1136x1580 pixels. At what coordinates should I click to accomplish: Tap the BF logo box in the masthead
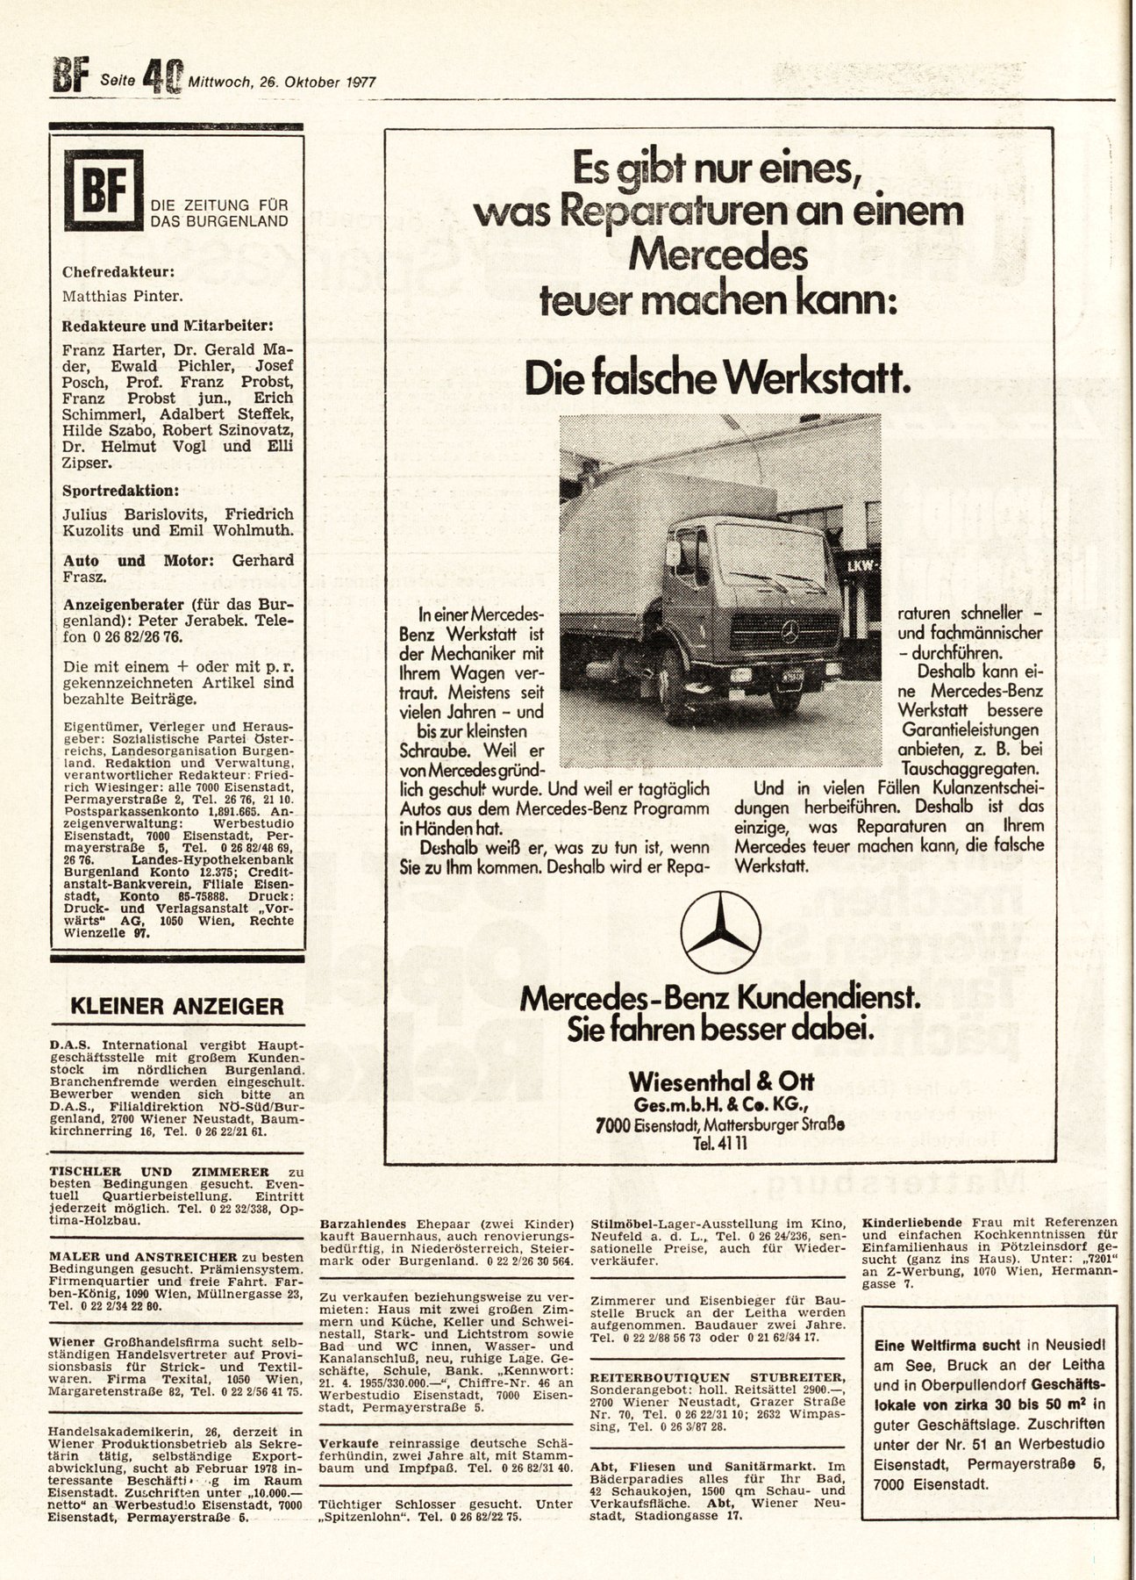click(x=102, y=188)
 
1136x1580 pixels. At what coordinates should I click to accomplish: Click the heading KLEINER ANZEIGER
click(x=176, y=1006)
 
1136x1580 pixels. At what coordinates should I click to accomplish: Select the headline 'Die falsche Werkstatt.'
click(x=717, y=377)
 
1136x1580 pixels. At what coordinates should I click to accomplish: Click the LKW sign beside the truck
click(x=863, y=567)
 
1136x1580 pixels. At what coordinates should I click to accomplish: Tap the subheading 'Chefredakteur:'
click(x=111, y=272)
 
